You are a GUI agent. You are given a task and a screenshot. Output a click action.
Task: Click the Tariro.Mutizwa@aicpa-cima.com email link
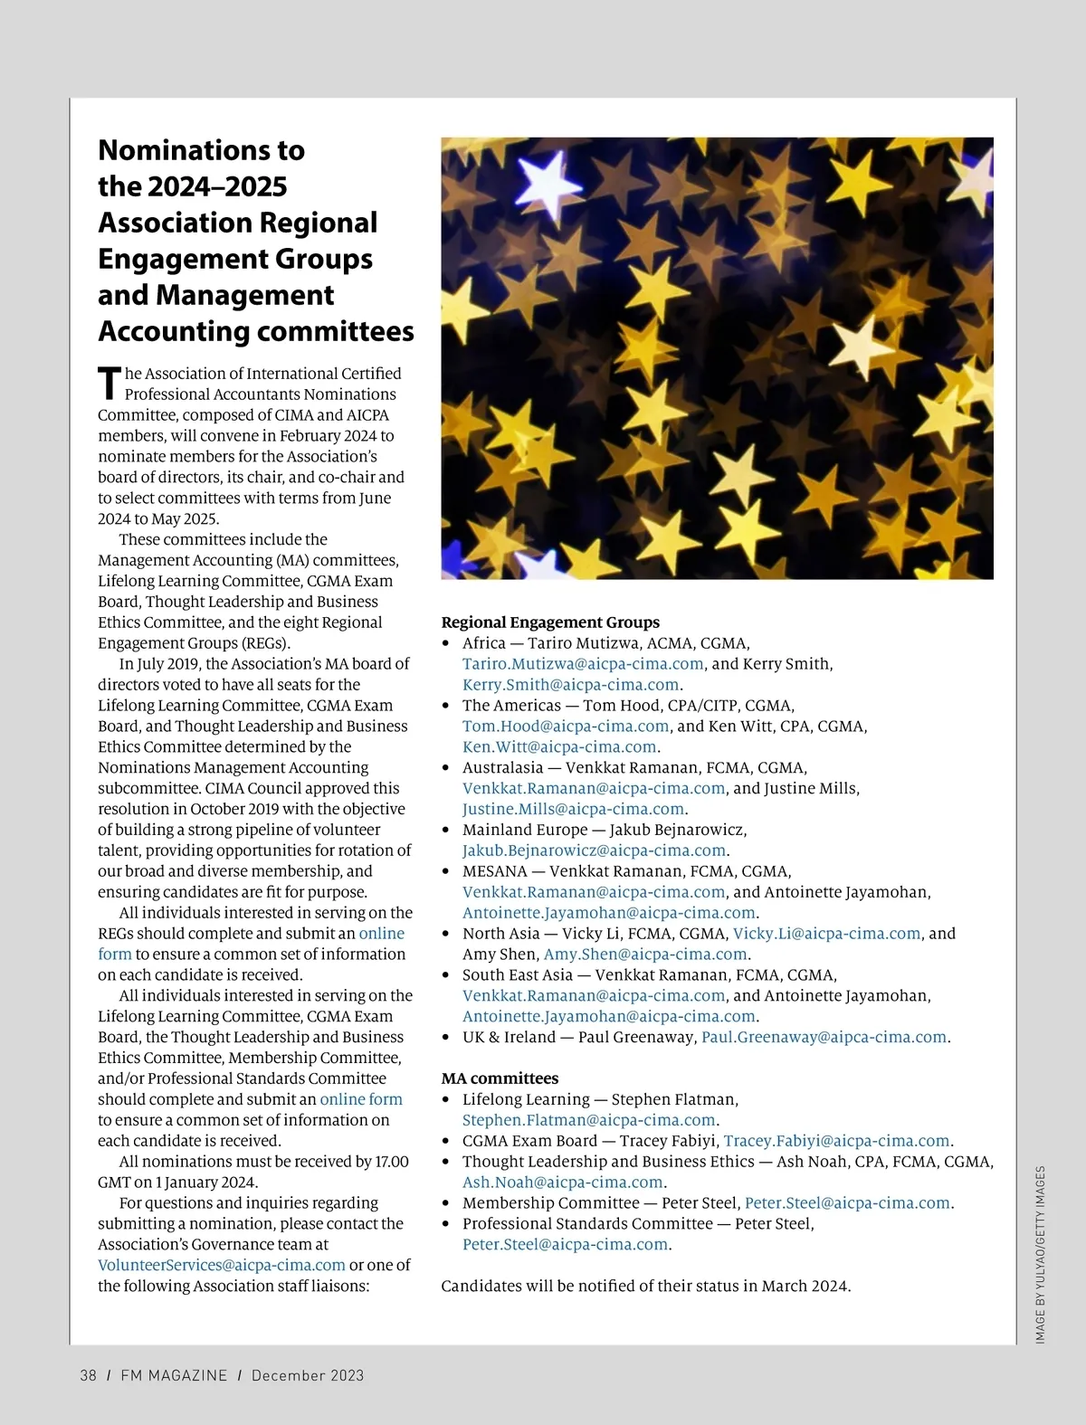pyautogui.click(x=583, y=664)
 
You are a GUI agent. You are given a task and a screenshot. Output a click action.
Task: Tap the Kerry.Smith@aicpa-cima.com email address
pyautogui.click(x=570, y=685)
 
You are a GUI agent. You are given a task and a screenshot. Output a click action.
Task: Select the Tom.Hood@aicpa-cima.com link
pyautogui.click(x=566, y=727)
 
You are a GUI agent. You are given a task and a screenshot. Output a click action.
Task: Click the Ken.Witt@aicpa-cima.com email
pyautogui.click(x=559, y=747)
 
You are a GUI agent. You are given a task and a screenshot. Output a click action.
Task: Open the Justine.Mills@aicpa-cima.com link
pyautogui.click(x=573, y=810)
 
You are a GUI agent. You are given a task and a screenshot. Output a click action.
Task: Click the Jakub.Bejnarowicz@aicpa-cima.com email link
pyautogui.click(x=594, y=851)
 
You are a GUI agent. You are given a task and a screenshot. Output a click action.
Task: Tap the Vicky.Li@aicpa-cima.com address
pyautogui.click(x=826, y=934)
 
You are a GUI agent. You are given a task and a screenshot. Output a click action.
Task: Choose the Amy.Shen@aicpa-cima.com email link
pyautogui.click(x=645, y=955)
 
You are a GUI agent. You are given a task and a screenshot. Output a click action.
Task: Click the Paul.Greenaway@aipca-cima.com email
pyautogui.click(x=824, y=1038)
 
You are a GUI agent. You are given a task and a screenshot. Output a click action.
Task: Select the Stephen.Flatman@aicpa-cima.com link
pyautogui.click(x=588, y=1120)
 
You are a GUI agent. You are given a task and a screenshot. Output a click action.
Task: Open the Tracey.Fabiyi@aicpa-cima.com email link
pyautogui.click(x=836, y=1141)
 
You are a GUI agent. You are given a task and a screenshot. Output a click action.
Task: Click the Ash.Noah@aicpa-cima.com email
pyautogui.click(x=563, y=1183)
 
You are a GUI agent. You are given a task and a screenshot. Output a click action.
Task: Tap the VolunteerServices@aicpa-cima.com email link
pyautogui.click(x=222, y=1266)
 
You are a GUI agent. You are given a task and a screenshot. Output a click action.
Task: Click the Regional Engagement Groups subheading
pyautogui.click(x=550, y=622)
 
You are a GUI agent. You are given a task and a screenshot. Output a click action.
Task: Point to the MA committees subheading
pyautogui.click(x=500, y=1078)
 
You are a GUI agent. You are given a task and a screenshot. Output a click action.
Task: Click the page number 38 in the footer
pyautogui.click(x=88, y=1376)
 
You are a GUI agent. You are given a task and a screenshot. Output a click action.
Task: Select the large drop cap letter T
pyautogui.click(x=109, y=384)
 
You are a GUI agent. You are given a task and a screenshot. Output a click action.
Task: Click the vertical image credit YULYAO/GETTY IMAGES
pyautogui.click(x=1041, y=1254)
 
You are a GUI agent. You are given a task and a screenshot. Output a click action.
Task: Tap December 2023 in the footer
pyautogui.click(x=308, y=1376)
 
